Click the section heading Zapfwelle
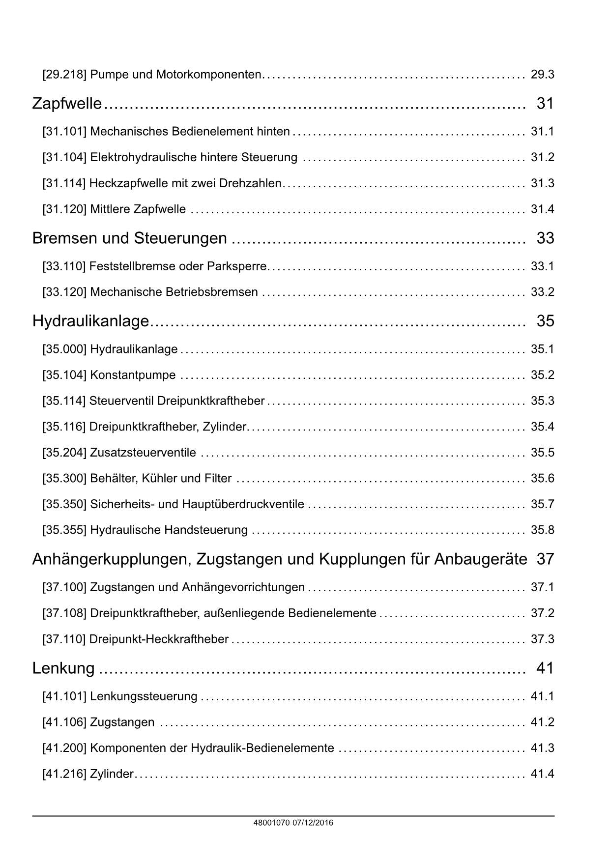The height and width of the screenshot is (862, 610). coord(67,104)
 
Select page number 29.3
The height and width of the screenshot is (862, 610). coord(542,75)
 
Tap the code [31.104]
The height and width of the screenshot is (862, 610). coord(64,157)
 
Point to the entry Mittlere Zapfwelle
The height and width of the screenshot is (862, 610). coord(138,209)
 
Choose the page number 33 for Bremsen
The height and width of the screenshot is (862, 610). coord(545,238)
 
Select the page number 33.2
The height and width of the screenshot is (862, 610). coord(542,292)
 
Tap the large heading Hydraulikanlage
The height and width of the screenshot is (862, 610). coord(90,321)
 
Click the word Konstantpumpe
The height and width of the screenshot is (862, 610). coord(133,375)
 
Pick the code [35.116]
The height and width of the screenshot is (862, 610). coord(64,427)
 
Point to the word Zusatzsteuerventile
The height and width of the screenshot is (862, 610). coord(143,453)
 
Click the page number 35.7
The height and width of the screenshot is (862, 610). coord(542,504)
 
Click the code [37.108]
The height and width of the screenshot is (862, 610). coord(64,613)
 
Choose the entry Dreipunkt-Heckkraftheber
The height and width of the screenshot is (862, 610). coord(159,639)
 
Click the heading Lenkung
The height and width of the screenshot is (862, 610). coord(63,668)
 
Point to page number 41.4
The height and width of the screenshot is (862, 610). coord(542,774)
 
